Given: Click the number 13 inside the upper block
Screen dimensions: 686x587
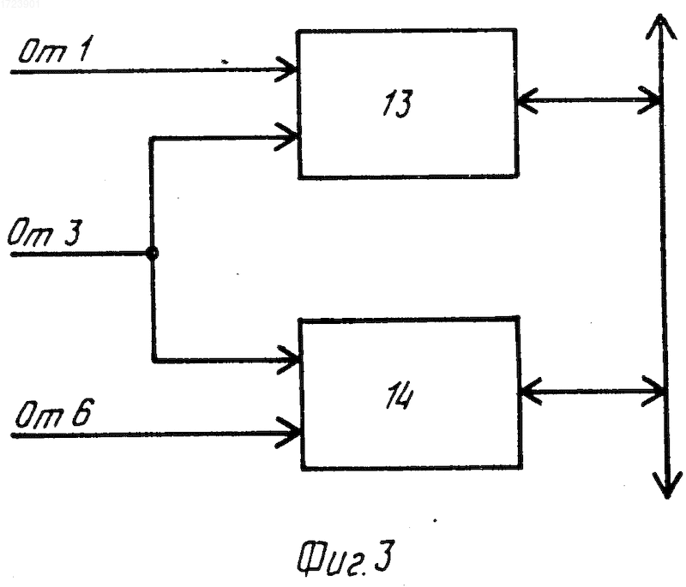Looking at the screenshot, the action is click(397, 104).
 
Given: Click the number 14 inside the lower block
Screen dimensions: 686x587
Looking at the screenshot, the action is click(399, 397).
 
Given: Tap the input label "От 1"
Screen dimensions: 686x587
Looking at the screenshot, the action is click(55, 50).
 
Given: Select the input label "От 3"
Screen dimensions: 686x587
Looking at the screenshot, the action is click(45, 232).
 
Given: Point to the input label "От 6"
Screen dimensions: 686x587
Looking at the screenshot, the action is click(53, 413).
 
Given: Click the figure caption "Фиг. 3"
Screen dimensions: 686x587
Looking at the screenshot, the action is click(346, 557).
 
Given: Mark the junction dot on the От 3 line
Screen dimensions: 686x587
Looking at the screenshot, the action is click(152, 253).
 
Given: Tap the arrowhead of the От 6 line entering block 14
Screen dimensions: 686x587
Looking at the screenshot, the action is click(288, 433).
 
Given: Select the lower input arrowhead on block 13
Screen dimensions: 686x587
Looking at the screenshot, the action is click(288, 137).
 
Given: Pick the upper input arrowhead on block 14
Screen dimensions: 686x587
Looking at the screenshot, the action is click(289, 360).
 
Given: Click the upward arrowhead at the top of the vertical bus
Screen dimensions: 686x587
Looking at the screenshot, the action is click(659, 27).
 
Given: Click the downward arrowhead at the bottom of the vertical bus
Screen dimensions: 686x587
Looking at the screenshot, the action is click(667, 484).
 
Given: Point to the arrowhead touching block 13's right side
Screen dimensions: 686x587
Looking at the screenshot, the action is click(527, 101).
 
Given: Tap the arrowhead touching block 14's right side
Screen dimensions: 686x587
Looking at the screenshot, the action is click(530, 392).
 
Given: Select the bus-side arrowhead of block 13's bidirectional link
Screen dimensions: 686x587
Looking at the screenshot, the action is click(649, 100).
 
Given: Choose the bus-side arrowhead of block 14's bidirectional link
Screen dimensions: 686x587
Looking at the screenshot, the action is click(653, 391).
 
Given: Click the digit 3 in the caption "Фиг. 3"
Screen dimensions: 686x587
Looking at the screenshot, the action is click(384, 555).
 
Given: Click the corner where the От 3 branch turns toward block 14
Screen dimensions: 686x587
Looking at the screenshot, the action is click(154, 360).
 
